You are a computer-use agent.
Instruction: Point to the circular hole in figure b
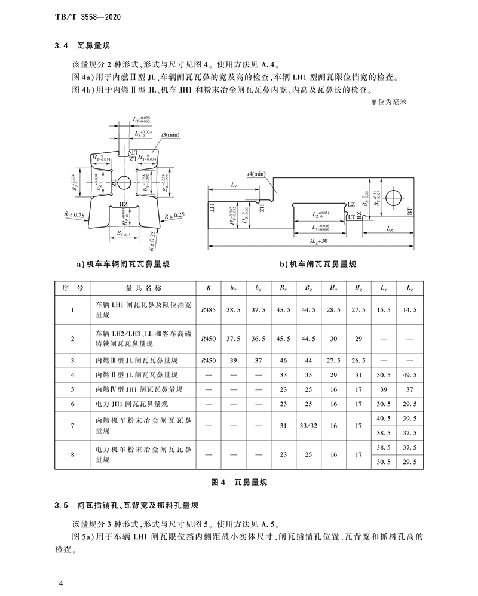pos(394,196)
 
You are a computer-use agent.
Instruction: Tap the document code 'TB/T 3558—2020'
pos(84,10)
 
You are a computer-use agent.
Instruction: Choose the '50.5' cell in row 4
pos(384,375)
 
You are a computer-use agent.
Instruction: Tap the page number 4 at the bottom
pos(61,583)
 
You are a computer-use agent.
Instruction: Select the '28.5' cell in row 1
pos(333,310)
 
